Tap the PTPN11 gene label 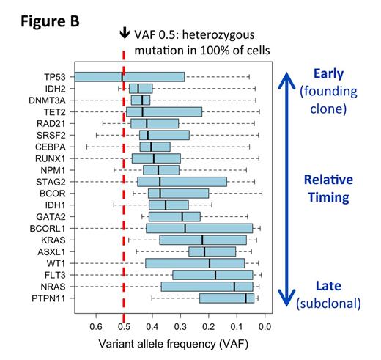tap(51, 298)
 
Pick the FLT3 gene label tap(56, 275)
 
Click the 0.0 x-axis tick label tap(265, 327)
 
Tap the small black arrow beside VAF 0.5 tap(125, 33)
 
